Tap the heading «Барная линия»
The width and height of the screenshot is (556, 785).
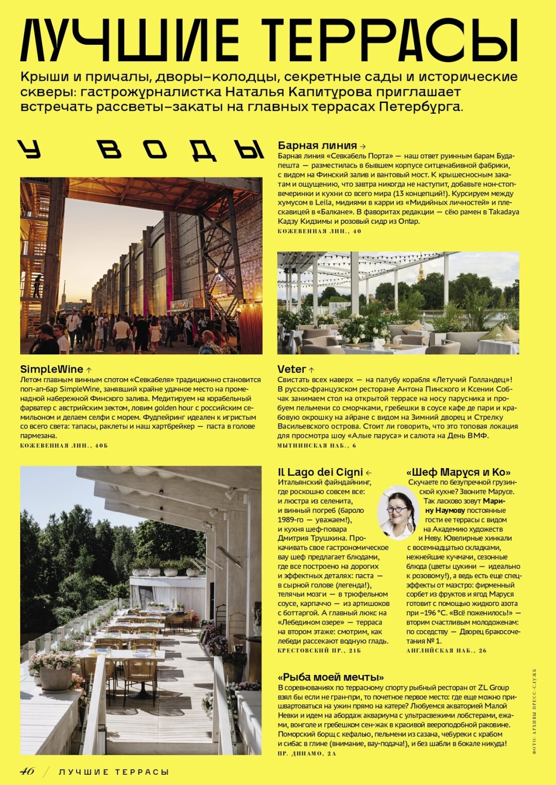coord(317,146)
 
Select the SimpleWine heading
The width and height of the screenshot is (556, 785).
coord(51,369)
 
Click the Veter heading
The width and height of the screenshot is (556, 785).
coord(292,369)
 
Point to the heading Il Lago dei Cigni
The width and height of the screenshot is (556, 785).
coord(320,472)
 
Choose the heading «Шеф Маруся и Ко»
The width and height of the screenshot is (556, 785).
coord(458,472)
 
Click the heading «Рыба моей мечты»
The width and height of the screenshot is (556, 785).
coord(331,677)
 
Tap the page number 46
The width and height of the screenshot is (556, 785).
coord(27,771)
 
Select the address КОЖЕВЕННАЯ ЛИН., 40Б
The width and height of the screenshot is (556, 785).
coord(64,445)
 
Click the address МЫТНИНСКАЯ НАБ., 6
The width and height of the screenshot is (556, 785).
coord(317,445)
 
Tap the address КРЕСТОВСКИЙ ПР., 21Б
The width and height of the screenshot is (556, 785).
coord(319,651)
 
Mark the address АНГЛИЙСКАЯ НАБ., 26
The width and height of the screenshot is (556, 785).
coord(446,651)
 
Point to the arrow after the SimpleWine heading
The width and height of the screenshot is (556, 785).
coord(89,370)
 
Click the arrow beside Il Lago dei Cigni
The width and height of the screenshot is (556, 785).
coord(369,473)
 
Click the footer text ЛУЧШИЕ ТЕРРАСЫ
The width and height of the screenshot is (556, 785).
coord(114,772)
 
